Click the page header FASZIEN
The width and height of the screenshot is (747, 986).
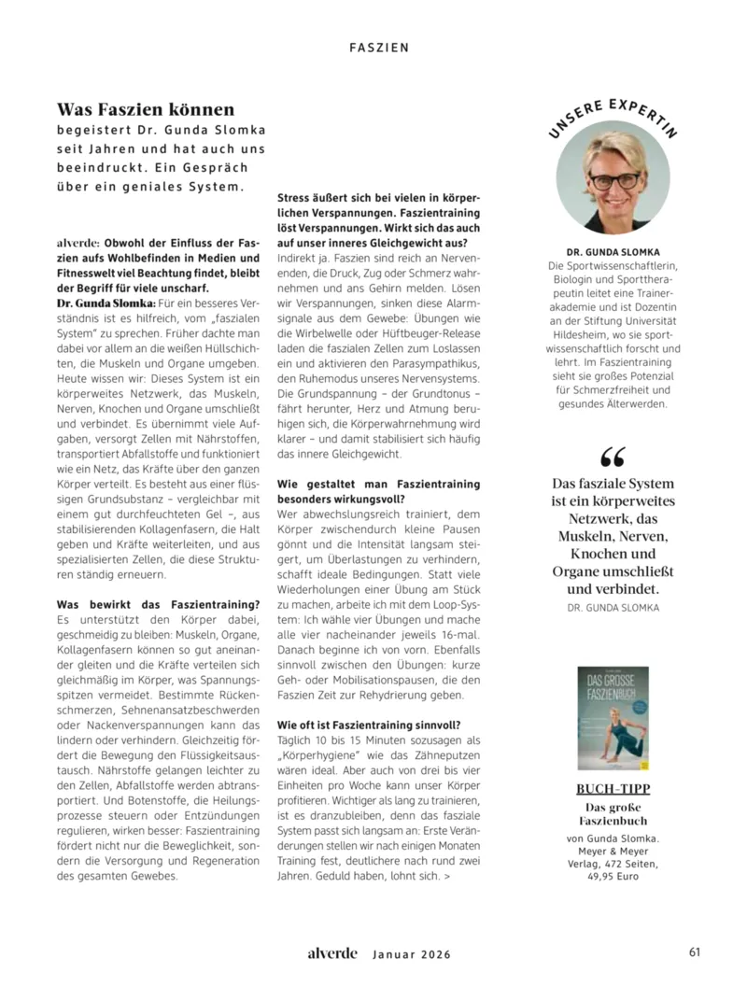click(x=379, y=46)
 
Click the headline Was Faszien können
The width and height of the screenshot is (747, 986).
click(x=146, y=110)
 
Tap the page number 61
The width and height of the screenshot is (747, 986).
click(x=695, y=952)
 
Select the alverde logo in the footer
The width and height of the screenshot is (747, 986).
click(x=332, y=953)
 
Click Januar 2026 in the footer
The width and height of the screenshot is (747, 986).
click(x=412, y=954)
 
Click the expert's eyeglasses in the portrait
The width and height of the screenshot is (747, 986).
click(x=613, y=178)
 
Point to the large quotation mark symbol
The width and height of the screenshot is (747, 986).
click(x=613, y=458)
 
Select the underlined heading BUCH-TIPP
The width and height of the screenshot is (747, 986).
click(x=613, y=789)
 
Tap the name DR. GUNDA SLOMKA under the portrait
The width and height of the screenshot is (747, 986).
click(x=613, y=252)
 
